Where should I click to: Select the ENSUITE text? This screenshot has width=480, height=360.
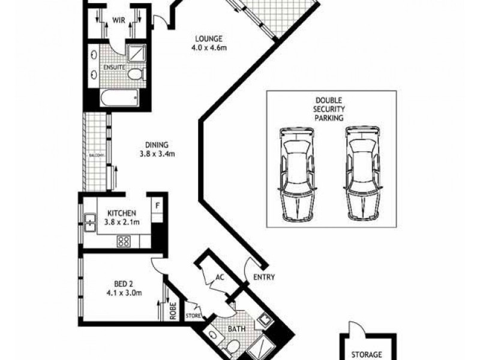[114, 67]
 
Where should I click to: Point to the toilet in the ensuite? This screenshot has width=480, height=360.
[136, 74]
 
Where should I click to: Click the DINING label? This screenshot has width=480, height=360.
[156, 145]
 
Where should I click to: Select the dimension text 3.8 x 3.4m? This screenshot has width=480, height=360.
[156, 154]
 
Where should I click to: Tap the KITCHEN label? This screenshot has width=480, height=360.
[122, 213]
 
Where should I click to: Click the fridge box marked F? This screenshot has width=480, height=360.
[158, 206]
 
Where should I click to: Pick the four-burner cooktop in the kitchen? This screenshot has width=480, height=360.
[124, 241]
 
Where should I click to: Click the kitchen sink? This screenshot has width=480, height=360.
[89, 224]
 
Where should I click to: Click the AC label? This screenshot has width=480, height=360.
[220, 278]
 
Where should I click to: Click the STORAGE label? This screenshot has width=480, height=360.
[367, 355]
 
